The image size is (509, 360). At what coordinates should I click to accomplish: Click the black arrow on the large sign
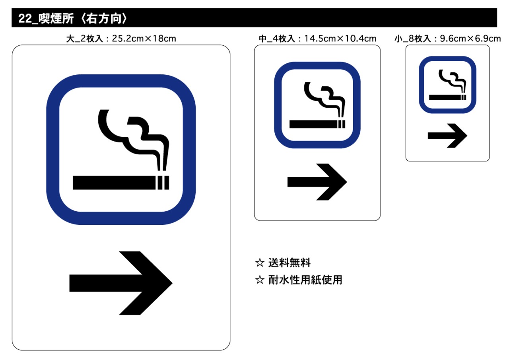119,283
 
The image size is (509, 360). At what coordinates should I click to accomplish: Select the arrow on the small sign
447,136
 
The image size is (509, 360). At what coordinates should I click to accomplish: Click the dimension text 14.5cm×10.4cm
340,39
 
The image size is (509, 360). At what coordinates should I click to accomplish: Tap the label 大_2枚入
85,39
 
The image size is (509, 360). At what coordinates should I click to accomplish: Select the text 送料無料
289,263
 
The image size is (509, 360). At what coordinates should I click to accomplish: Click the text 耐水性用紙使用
305,280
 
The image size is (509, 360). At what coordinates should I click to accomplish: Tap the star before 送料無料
260,263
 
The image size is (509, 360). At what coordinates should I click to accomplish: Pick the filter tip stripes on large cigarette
163,182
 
